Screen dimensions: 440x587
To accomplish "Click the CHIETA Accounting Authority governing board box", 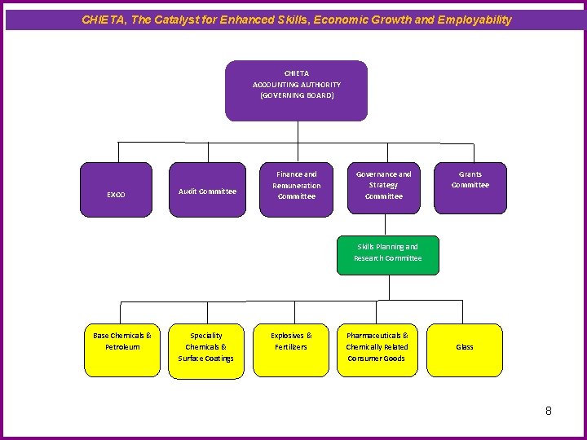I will (x=296, y=90).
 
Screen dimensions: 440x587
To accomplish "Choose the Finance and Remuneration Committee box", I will (x=296, y=189).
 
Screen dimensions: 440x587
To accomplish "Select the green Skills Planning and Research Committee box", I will (x=387, y=254).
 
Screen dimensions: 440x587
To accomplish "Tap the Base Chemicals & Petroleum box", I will (x=122, y=350).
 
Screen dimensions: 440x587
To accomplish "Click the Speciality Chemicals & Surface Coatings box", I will (x=206, y=350).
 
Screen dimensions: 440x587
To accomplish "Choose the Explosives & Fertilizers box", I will (x=291, y=350).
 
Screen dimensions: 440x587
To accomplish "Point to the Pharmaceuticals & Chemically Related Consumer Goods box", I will (x=377, y=350).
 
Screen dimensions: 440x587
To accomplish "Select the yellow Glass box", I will (x=465, y=350).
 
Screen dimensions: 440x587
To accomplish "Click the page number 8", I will (x=549, y=411).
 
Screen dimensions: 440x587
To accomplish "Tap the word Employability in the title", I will (x=474, y=20).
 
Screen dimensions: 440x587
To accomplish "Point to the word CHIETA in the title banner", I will (x=102, y=20).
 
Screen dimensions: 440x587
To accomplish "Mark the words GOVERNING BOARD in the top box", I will (x=297, y=96).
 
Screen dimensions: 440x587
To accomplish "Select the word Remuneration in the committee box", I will (x=297, y=186).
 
